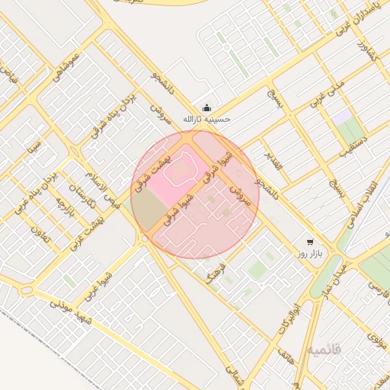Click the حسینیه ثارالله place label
(206, 120)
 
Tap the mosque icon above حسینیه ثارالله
(206, 107)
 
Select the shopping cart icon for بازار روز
(310, 238)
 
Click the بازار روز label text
(311, 251)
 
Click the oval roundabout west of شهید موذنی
(27, 290)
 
